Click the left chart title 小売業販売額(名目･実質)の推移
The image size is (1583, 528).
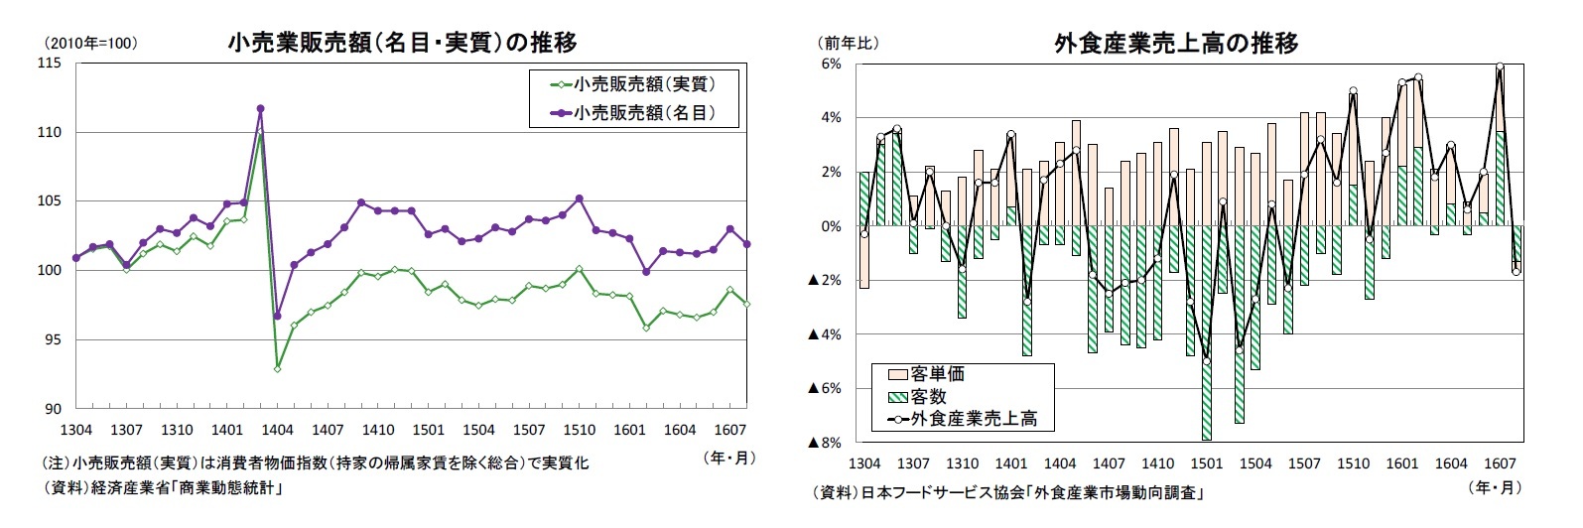pos(402,42)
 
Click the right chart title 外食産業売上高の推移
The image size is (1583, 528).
pos(1176,43)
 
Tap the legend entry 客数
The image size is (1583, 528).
pos(928,396)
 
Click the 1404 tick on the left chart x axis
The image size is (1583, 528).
pos(277,430)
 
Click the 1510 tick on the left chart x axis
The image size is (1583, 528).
pos(579,430)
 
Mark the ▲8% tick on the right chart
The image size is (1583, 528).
pos(826,443)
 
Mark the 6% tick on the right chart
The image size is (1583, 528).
pos(832,64)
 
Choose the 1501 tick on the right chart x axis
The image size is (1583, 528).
pos(1207,463)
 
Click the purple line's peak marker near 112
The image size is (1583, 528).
pos(260,108)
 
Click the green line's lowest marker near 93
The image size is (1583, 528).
pos(277,368)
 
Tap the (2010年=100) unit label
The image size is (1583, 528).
pos(89,43)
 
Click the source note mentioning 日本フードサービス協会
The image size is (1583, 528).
pos(1006,492)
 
